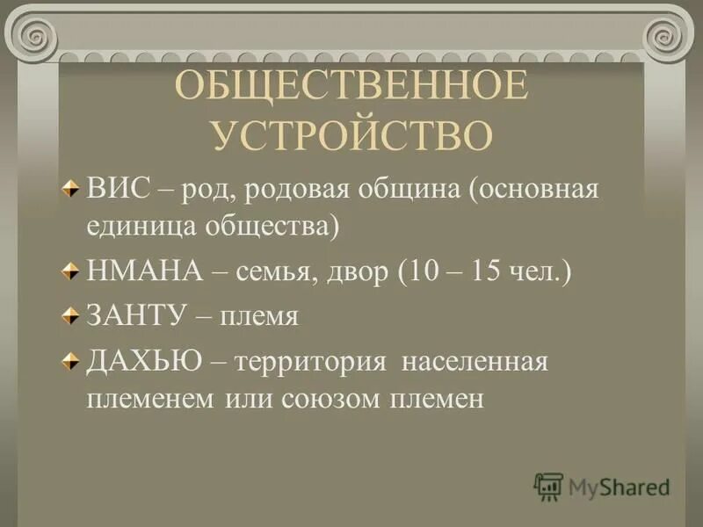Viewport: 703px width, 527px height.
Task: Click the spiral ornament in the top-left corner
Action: click(33, 36)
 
